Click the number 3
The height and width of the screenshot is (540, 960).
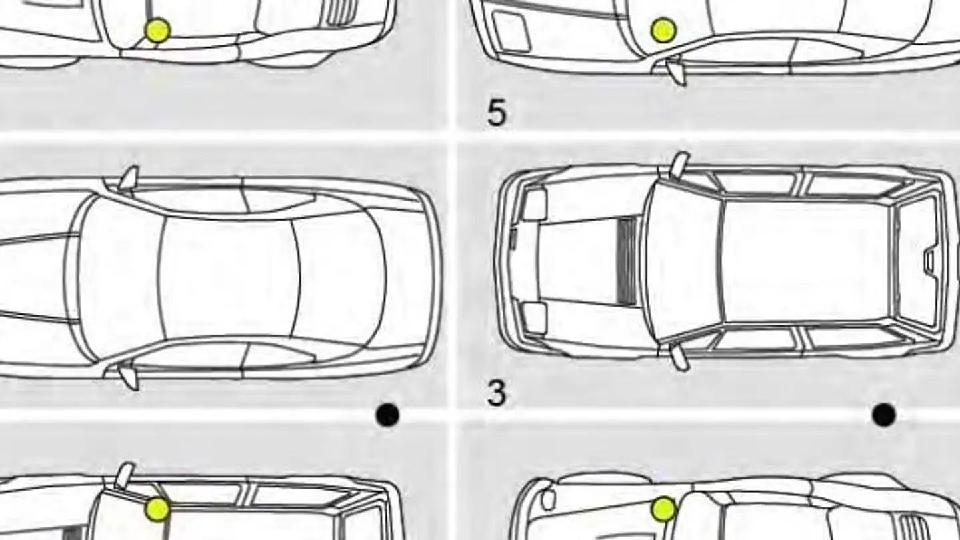pos(497,393)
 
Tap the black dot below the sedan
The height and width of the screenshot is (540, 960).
pos(387,415)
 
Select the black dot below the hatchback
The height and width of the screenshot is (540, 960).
pos(884,415)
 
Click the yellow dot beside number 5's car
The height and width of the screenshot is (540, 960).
pos(663,30)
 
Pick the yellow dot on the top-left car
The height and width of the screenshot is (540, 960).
pos(158,30)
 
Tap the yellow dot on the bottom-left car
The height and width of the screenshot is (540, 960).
pos(158,509)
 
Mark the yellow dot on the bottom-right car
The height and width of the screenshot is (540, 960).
pos(663,509)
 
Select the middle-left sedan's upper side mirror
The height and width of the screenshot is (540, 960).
pos(129,178)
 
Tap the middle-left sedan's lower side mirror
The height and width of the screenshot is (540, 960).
pos(129,375)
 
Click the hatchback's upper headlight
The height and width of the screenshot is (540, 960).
pos(534,205)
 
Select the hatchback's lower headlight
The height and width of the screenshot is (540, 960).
pos(534,318)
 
